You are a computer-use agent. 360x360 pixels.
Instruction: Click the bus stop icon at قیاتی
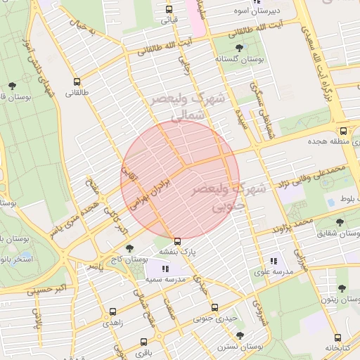pyautogui.click(x=169, y=9)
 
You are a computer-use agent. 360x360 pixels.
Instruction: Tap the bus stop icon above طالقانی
pyautogui.click(x=77, y=81)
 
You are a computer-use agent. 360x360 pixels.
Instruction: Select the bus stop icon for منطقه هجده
pyautogui.click(x=342, y=130)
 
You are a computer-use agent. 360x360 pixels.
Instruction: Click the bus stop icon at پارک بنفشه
pyautogui.click(x=176, y=240)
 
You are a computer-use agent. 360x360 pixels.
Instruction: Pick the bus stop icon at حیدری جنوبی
pyautogui.click(x=215, y=307)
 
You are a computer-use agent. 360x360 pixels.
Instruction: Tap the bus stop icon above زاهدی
pyautogui.click(x=113, y=310)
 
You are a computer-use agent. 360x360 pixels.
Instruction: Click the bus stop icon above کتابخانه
pyautogui.click(x=338, y=337)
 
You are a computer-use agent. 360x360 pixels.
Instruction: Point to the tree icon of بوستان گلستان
pyautogui.click(x=240, y=48)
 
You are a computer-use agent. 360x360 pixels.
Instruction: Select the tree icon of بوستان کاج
pyautogui.click(x=129, y=247)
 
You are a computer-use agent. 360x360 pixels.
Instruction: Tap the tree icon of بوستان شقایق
pyautogui.click(x=340, y=222)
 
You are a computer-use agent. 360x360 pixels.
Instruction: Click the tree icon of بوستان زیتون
pyautogui.click(x=341, y=288)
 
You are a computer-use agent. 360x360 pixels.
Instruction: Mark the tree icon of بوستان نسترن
pyautogui.click(x=240, y=335)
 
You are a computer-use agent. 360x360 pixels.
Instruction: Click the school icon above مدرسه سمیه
pyautogui.click(x=165, y=269)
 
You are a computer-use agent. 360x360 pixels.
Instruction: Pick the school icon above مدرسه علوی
pyautogui.click(x=274, y=261)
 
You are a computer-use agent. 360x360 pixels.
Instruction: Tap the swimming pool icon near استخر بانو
pyautogui.click(x=26, y=255)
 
